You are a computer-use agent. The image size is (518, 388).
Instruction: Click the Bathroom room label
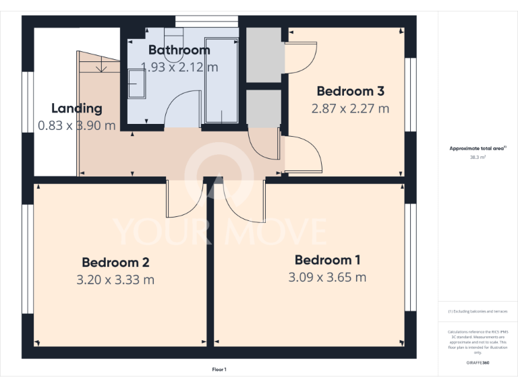coord(179,50)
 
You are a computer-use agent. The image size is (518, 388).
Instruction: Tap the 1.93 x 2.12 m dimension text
coord(179,67)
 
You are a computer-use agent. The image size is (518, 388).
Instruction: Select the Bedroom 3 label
coord(350,91)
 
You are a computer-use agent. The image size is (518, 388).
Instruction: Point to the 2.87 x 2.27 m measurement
coord(350,108)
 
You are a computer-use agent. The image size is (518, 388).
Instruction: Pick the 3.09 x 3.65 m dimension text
coord(327,277)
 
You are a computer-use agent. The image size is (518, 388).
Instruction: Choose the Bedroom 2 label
coord(115,262)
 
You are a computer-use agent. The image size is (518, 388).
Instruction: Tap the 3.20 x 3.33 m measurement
coord(115,279)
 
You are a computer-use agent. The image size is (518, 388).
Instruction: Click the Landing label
coord(77,108)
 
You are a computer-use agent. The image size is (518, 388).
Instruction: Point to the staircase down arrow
coord(100,67)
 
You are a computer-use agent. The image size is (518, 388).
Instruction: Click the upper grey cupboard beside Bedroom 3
coord(264,55)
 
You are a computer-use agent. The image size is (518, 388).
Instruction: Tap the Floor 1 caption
coord(219,369)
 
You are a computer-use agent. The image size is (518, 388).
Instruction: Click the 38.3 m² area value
coord(478,156)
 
